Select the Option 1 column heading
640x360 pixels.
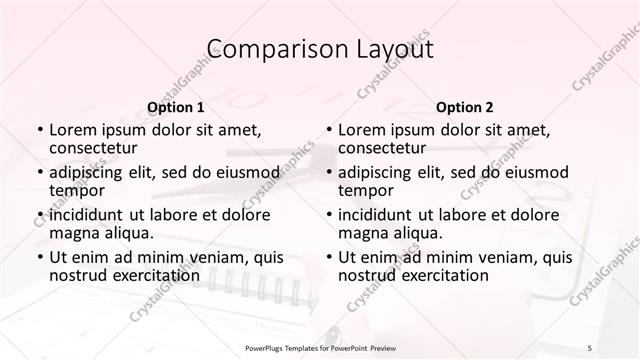click(176, 107)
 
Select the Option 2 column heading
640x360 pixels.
click(465, 107)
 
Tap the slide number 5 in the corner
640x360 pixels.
click(590, 346)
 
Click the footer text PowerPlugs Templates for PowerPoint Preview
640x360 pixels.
click(320, 346)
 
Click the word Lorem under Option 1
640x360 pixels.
click(72, 130)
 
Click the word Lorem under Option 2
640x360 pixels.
click(361, 130)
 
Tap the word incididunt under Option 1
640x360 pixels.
click(86, 214)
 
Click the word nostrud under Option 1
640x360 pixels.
click(76, 275)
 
